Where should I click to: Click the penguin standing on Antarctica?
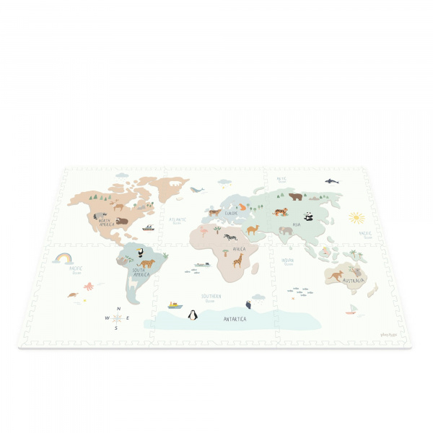[193, 315]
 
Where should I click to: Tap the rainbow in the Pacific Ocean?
[62, 258]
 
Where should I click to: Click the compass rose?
[116, 318]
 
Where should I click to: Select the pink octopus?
[88, 287]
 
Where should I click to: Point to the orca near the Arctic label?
[331, 181]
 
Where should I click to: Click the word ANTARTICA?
[235, 318]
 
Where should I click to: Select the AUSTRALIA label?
[354, 280]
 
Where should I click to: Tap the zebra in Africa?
[229, 237]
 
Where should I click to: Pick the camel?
[253, 229]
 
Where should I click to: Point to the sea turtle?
[72, 294]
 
